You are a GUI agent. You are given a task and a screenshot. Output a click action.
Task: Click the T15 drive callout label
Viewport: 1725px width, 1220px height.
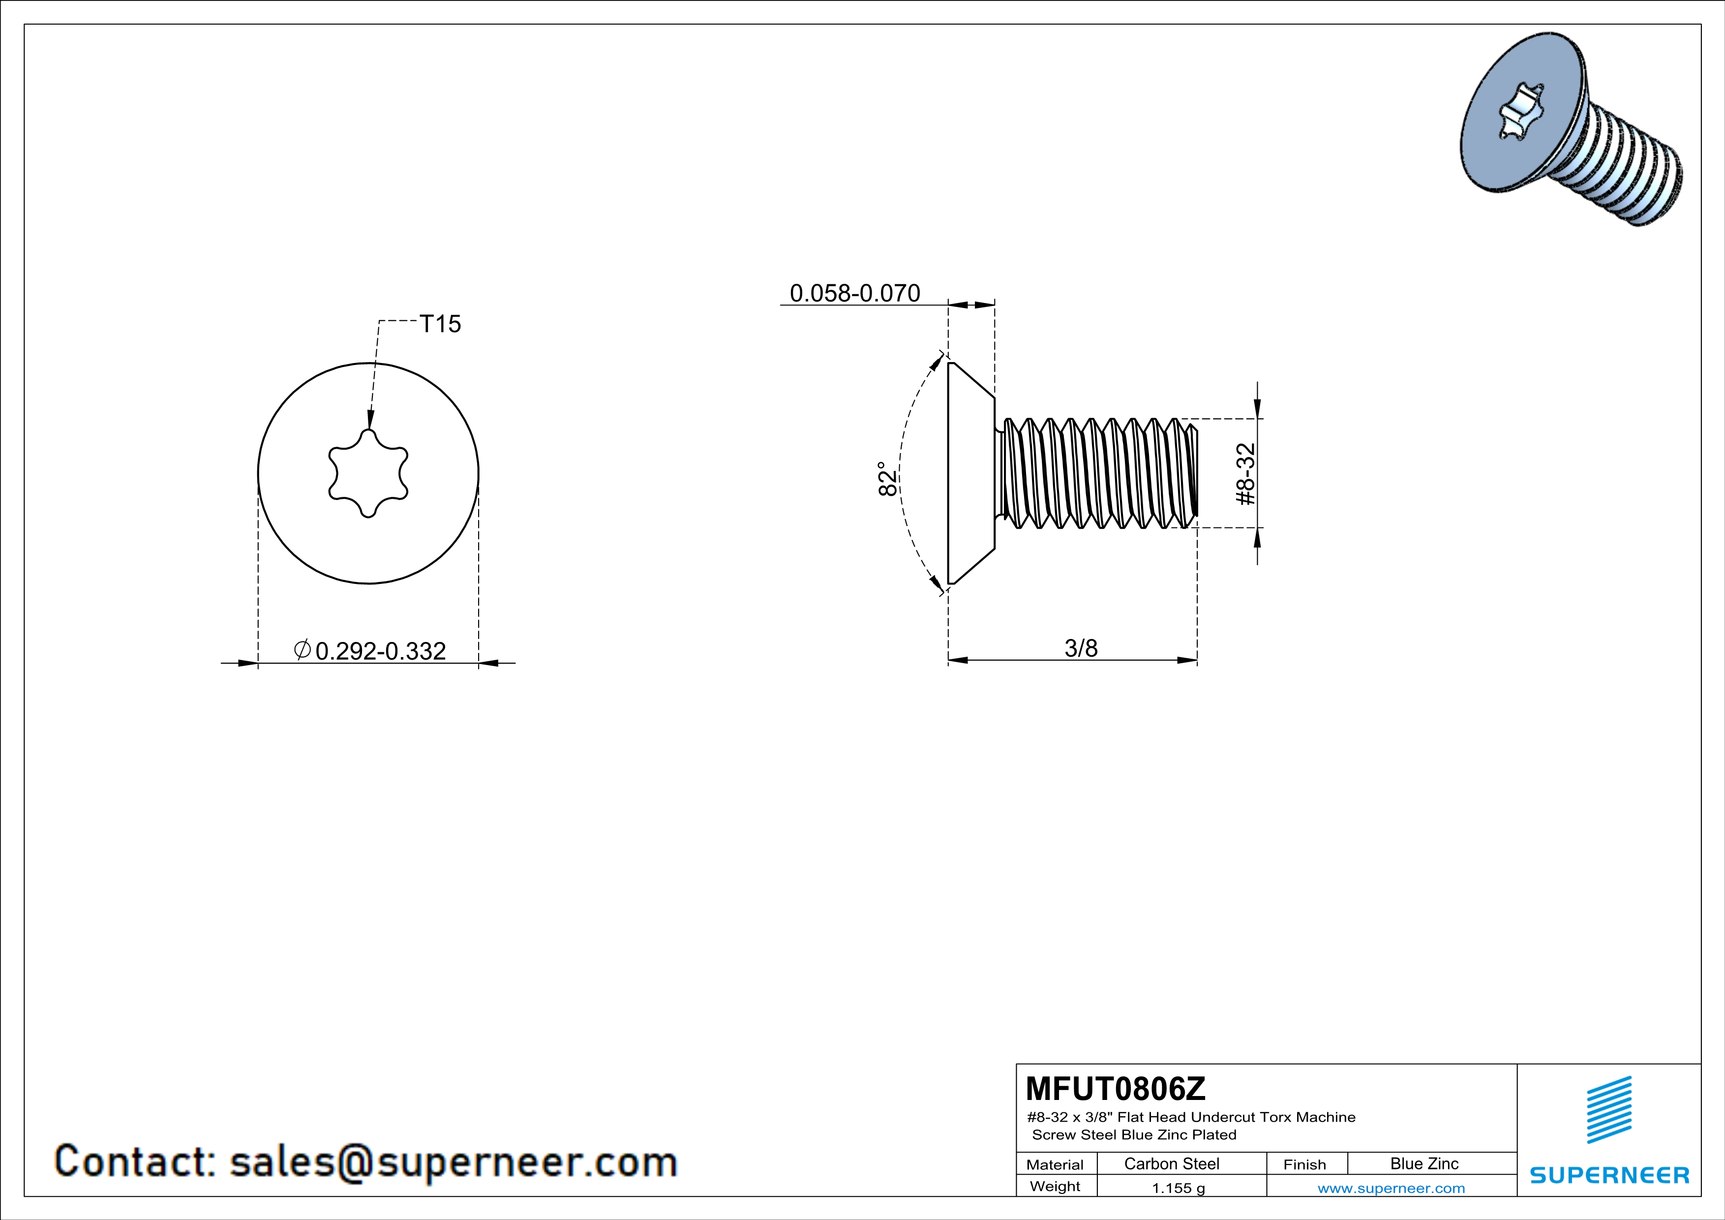(x=440, y=324)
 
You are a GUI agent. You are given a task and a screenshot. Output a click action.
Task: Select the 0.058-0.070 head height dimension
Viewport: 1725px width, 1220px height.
(x=855, y=293)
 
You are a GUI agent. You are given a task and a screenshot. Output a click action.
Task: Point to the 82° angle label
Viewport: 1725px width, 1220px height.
(x=887, y=479)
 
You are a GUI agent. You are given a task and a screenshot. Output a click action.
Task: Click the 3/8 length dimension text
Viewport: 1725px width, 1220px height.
(x=1081, y=647)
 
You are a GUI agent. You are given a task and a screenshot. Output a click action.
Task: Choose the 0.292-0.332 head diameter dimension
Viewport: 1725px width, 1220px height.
(x=380, y=650)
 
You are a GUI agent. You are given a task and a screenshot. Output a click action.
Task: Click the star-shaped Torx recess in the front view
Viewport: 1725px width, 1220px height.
(x=368, y=473)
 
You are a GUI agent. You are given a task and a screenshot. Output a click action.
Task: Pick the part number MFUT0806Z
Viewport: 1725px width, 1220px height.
(x=1115, y=1088)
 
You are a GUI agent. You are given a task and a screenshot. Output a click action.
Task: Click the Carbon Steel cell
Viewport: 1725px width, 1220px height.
(x=1171, y=1163)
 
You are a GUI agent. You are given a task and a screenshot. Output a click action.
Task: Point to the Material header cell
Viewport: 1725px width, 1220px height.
(x=1055, y=1164)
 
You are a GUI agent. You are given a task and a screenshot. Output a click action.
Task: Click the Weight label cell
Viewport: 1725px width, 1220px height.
(x=1055, y=1186)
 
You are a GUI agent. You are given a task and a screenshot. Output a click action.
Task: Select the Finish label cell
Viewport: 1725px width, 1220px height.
(x=1304, y=1164)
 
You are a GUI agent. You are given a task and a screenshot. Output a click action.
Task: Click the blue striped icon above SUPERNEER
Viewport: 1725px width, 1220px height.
(x=1609, y=1110)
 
